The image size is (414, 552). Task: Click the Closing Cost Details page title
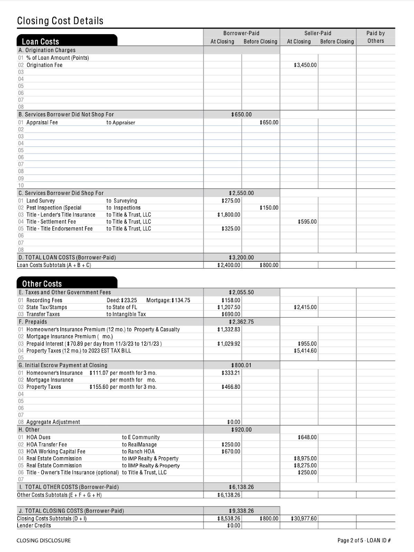click(x=60, y=21)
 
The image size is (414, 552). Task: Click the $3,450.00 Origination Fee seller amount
click(x=305, y=65)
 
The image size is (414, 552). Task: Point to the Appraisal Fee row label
click(x=42, y=122)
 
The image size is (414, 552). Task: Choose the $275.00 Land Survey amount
click(x=231, y=200)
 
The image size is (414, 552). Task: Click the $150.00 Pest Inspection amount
click(x=269, y=208)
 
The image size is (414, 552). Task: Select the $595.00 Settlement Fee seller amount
click(x=307, y=221)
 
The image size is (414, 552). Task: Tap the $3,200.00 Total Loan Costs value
click(x=241, y=257)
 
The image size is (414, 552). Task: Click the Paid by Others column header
click(x=375, y=37)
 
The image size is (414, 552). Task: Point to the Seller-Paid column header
click(x=318, y=33)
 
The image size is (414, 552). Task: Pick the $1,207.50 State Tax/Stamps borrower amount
click(x=229, y=307)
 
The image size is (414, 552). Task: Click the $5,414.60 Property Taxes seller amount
click(x=305, y=351)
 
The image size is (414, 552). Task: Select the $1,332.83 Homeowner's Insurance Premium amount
click(x=229, y=329)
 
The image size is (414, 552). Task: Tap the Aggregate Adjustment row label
click(x=53, y=422)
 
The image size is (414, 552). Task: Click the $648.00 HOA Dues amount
click(x=307, y=437)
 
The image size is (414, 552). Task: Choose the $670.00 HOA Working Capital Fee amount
click(x=231, y=451)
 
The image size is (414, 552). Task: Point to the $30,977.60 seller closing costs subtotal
click(x=304, y=518)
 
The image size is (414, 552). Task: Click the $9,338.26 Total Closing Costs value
click(x=241, y=511)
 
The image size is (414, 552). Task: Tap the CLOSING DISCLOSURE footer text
click(x=44, y=540)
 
